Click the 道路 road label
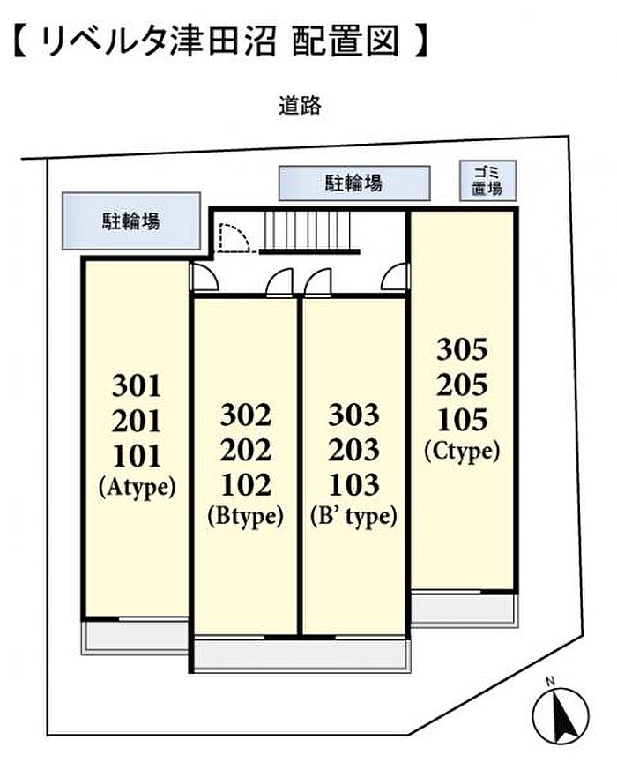click(300, 106)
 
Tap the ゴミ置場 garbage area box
click(488, 181)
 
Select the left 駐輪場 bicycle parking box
click(131, 221)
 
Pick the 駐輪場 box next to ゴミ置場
click(354, 183)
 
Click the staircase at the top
click(309, 232)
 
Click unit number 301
click(137, 385)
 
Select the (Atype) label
click(137, 488)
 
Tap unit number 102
click(245, 485)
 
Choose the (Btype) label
click(245, 516)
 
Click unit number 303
click(353, 415)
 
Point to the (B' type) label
click(353, 516)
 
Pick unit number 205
click(463, 385)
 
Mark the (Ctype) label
click(463, 451)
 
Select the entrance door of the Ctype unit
click(395, 277)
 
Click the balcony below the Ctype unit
click(465, 609)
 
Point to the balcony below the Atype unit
click(136, 635)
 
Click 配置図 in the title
click(345, 42)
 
